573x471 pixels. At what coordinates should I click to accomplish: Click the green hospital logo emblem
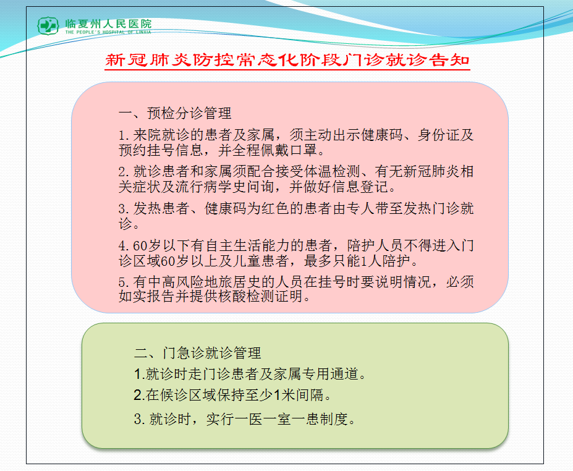48,25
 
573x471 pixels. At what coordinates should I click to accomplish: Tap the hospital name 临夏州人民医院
109,23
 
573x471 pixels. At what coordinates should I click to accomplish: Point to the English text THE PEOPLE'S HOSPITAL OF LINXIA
108,32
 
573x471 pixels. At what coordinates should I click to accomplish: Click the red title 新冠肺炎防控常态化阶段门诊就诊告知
287,60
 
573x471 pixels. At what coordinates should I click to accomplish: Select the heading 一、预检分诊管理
175,113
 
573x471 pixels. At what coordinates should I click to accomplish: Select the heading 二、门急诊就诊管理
198,353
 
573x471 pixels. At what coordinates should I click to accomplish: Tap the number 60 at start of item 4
140,245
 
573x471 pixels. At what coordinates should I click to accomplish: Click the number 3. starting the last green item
140,419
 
